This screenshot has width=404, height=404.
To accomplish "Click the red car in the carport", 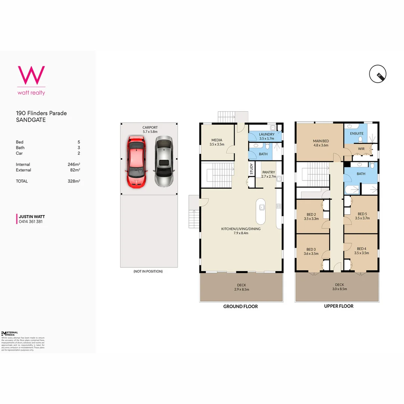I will [135, 162].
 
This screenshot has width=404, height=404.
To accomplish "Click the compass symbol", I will [378, 74].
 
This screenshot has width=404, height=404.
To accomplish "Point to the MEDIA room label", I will [217, 140].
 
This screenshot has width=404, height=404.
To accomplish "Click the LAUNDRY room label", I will [267, 134].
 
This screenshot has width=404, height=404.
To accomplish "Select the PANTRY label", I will [269, 172].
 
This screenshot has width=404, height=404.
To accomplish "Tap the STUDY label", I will [251, 169].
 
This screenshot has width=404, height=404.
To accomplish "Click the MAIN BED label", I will [321, 141].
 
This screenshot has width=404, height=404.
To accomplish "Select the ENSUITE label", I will [356, 133].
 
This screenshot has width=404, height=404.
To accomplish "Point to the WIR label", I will [361, 149].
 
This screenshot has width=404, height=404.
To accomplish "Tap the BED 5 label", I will [362, 214].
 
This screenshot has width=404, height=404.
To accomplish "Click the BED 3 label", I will [311, 249].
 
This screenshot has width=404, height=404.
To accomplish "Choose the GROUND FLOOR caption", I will [241, 306].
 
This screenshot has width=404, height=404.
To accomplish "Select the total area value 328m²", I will [74, 181].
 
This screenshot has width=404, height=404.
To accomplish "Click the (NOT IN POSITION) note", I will [148, 271].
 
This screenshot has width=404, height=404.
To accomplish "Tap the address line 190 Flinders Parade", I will [41, 113].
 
